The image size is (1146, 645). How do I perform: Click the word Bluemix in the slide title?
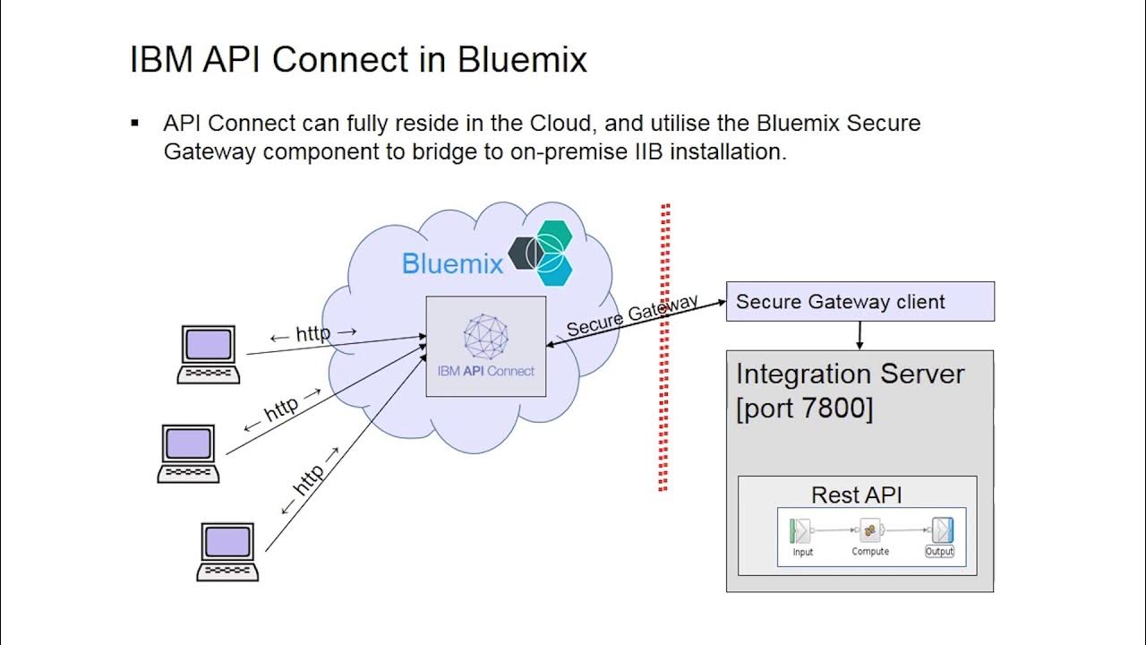click(x=522, y=59)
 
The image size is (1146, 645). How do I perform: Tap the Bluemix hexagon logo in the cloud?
click(x=540, y=253)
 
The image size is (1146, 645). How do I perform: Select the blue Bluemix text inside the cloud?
click(x=452, y=263)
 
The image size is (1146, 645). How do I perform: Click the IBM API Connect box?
click(x=486, y=346)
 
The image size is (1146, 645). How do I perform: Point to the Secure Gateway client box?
click(x=860, y=302)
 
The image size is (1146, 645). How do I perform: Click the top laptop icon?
click(x=209, y=354)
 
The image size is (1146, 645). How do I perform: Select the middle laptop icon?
click(x=188, y=453)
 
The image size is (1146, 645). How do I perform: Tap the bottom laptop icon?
click(x=227, y=552)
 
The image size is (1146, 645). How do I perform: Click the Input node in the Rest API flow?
click(x=801, y=537)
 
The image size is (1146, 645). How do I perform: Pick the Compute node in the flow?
click(x=869, y=536)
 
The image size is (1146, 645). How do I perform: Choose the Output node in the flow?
click(x=940, y=537)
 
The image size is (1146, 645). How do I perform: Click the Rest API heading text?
click(x=857, y=495)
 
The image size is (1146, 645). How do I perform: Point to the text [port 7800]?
click(x=805, y=408)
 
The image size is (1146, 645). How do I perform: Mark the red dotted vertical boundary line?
click(x=664, y=347)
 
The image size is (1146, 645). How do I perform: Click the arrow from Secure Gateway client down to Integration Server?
click(x=859, y=336)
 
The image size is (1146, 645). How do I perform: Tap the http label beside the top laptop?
click(x=313, y=334)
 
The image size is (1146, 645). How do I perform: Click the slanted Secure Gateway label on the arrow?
click(x=632, y=314)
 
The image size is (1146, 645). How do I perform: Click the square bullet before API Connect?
click(x=134, y=123)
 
